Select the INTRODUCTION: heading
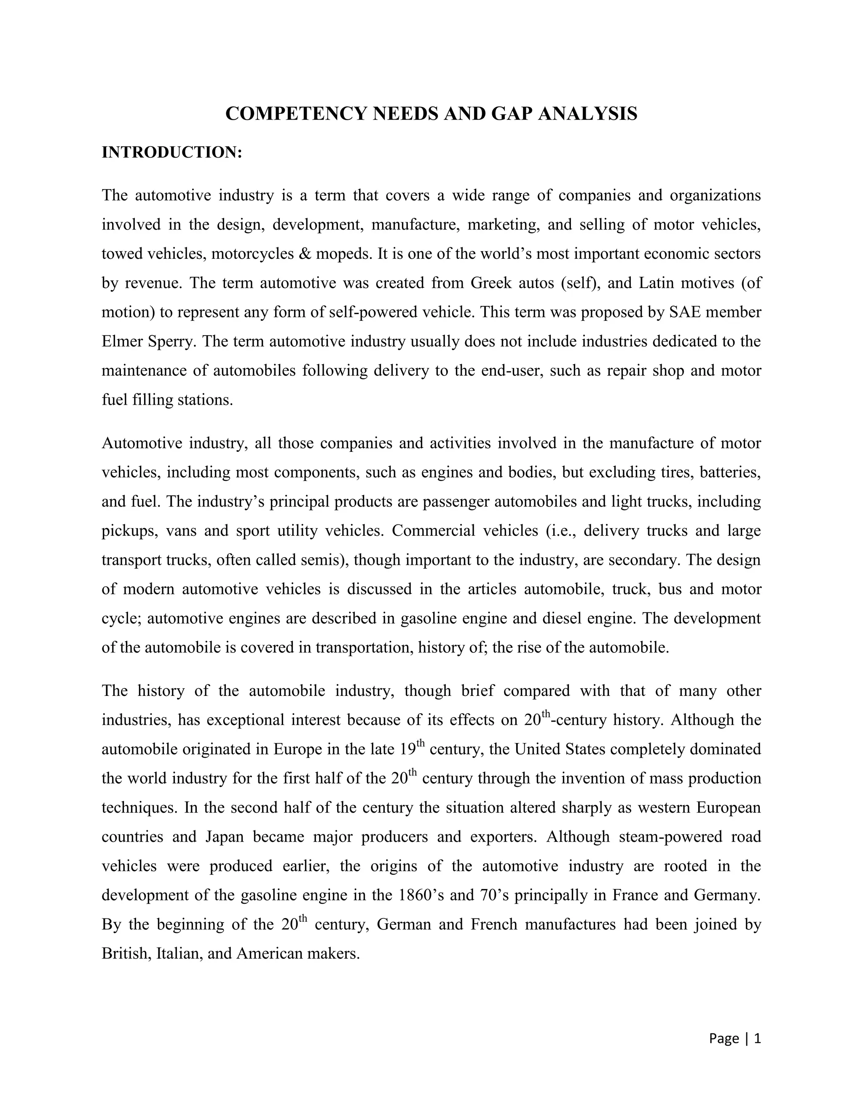coord(171,153)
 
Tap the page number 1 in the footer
coord(758,1038)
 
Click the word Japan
coord(225,837)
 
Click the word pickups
coord(129,531)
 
